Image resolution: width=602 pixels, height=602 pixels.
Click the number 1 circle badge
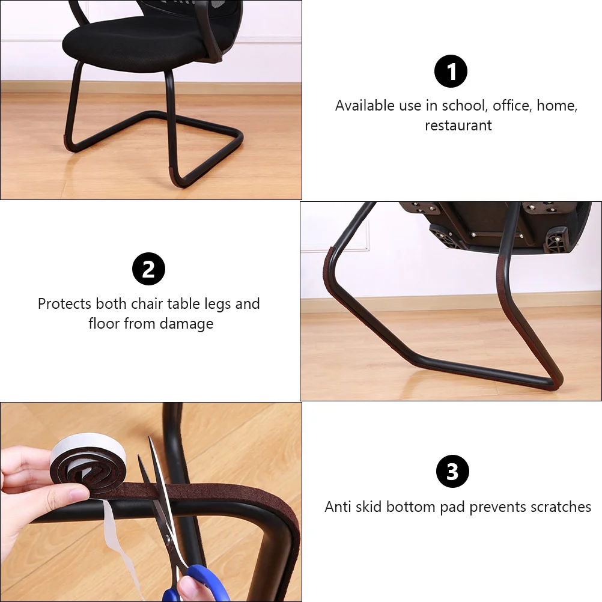(x=451, y=72)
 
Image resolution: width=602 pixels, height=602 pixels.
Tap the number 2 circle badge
(x=148, y=269)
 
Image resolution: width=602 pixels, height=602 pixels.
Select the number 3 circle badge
(x=452, y=472)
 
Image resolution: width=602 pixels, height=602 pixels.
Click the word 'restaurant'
(x=458, y=126)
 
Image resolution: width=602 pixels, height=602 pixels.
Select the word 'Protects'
(x=64, y=304)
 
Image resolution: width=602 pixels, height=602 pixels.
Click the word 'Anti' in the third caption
(x=338, y=507)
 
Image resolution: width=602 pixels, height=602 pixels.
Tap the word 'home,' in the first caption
(x=557, y=106)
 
